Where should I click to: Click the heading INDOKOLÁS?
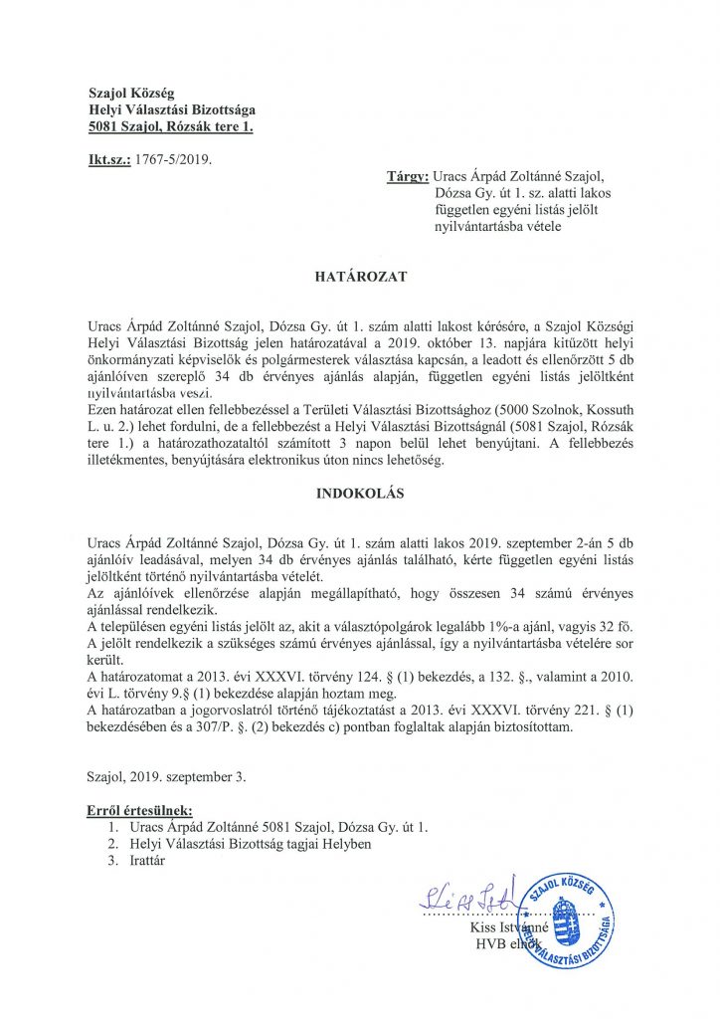click(x=360, y=493)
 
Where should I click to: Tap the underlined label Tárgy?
click(x=407, y=177)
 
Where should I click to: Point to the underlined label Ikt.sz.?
click(x=107, y=158)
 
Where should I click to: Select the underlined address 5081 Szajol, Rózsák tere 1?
click(x=171, y=127)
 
